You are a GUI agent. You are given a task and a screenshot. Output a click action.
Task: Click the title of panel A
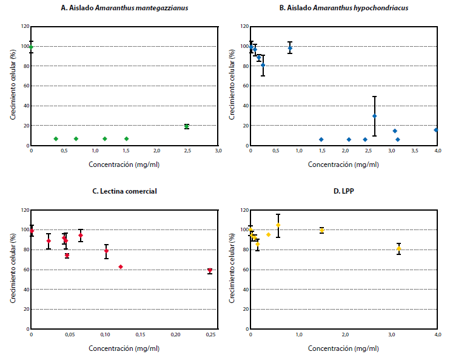(x=124, y=8)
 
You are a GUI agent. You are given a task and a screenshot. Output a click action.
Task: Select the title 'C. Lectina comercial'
(x=124, y=191)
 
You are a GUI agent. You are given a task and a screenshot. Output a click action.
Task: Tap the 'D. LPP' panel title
(x=344, y=191)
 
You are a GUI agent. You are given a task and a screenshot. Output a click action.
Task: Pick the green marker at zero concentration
(x=32, y=47)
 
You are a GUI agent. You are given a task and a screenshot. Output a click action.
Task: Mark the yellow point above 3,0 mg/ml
(x=398, y=248)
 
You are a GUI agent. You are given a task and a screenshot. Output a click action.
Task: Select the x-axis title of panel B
(x=344, y=165)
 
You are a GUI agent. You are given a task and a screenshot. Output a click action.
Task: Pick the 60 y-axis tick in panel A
(x=24, y=86)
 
